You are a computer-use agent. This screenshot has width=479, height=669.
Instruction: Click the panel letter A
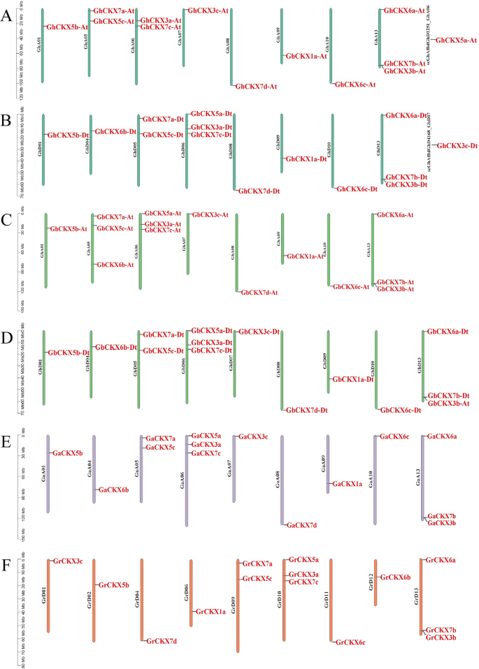[6, 16]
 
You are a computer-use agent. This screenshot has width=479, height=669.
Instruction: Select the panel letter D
[6, 338]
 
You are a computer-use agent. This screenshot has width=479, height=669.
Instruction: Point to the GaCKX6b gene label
[114, 490]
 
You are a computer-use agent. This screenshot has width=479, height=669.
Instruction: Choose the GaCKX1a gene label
[348, 484]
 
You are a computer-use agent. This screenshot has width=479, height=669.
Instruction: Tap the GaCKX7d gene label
[302, 524]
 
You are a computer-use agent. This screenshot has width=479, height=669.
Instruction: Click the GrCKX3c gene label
[68, 561]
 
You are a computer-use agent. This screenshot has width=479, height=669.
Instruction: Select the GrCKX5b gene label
[114, 585]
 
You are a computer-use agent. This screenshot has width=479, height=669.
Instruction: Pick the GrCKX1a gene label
[210, 612]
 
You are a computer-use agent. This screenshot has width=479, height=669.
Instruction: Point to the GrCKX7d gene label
[162, 640]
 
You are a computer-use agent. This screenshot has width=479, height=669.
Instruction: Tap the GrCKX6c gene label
[350, 642]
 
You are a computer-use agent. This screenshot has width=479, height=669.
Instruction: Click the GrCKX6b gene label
[395, 578]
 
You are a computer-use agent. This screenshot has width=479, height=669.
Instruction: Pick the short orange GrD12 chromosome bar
[376, 582]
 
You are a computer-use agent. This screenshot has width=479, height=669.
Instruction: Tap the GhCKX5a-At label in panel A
[456, 41]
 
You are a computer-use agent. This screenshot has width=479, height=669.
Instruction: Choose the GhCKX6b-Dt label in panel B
[115, 131]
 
